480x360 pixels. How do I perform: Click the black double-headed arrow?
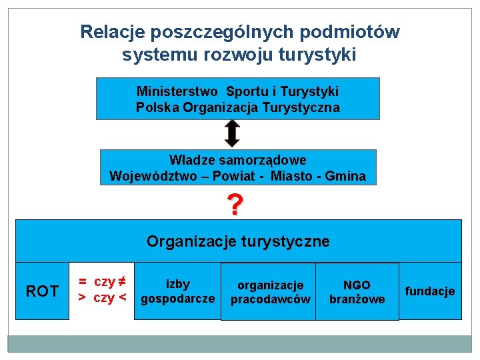click(231, 133)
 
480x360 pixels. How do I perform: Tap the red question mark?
click(234, 205)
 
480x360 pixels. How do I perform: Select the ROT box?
click(41, 291)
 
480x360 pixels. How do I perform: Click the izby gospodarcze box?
click(178, 291)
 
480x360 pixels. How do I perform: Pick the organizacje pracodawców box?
click(270, 293)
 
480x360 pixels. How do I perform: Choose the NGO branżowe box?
click(357, 292)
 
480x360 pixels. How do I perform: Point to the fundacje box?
click(430, 291)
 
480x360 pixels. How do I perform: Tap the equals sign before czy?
click(82, 282)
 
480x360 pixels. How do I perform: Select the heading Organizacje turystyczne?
click(238, 241)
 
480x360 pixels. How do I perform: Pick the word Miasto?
click(291, 177)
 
